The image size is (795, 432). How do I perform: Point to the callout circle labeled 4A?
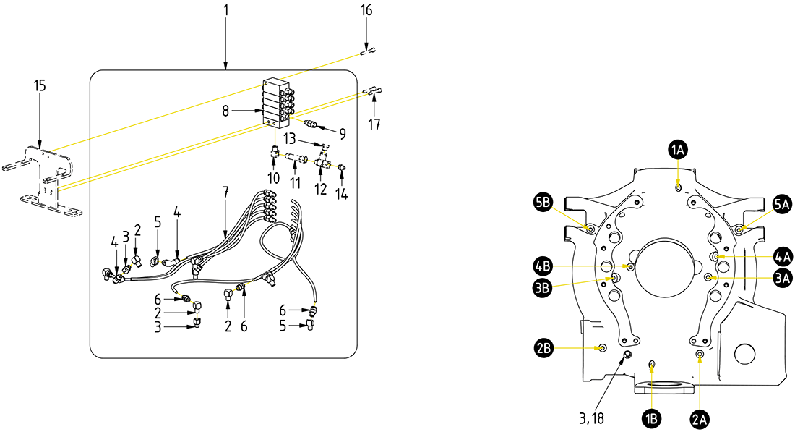(x=783, y=256)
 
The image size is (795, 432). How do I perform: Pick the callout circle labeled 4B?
(x=543, y=266)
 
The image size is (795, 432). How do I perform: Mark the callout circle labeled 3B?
(x=543, y=287)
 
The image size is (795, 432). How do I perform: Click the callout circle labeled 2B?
(x=544, y=348)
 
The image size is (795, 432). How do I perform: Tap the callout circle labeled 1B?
(x=653, y=418)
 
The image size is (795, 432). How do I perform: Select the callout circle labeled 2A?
(x=700, y=418)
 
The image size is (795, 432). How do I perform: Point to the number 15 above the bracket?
(x=40, y=86)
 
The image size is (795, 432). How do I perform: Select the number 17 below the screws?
(x=374, y=124)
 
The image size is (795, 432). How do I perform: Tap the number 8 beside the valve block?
(x=225, y=111)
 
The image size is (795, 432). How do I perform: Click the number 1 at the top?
(x=225, y=11)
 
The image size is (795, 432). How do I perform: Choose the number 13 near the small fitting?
(x=290, y=137)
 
